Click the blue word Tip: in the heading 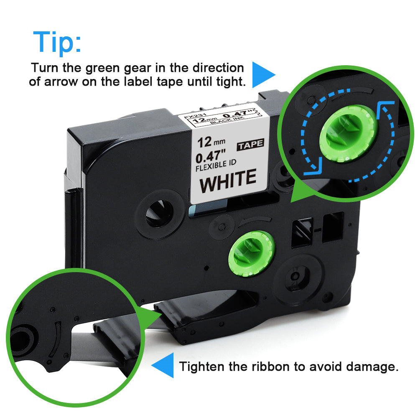click(x=57, y=43)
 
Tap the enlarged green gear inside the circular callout click(x=348, y=133)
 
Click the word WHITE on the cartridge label click(x=228, y=180)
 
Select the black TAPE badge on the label click(x=250, y=145)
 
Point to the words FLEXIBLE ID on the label click(x=216, y=166)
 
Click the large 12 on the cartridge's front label click(x=205, y=143)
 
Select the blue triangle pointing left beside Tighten click(x=163, y=365)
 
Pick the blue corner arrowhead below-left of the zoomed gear click(x=313, y=167)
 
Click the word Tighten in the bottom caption click(x=202, y=367)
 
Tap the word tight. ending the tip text click(x=231, y=82)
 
